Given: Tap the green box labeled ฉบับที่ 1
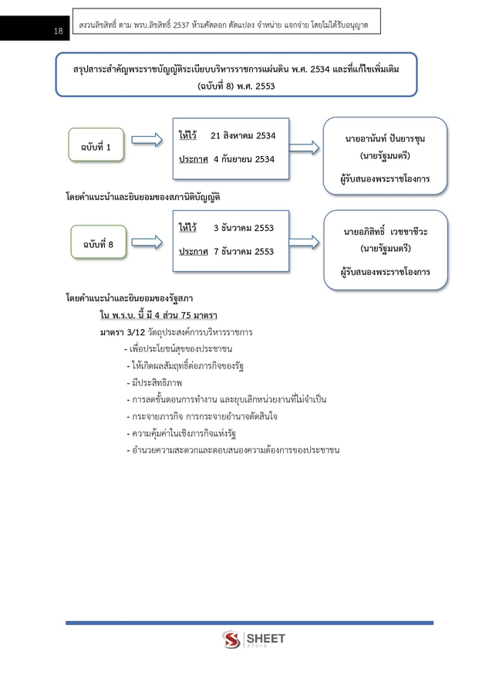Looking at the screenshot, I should pos(95,146).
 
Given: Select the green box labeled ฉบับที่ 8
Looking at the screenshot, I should pos(95,244).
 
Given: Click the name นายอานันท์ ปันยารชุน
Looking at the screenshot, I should pos(385,138).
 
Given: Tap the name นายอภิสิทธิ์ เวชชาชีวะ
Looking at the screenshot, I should pos(385,231).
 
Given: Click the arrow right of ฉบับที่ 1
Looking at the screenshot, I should pos(146,140).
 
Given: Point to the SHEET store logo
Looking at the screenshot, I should pos(253,641).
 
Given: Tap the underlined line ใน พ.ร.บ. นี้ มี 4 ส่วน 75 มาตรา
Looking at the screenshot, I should pos(158,315).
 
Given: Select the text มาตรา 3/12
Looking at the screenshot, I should pos(117,332).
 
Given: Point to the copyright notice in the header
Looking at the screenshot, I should pos(223,25).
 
